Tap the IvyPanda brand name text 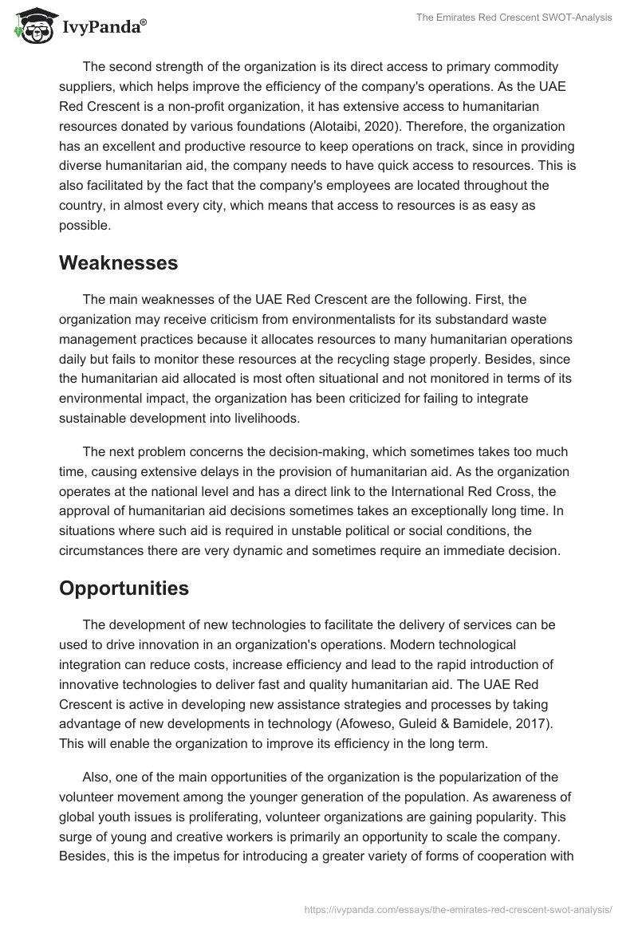101,29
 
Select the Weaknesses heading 118,262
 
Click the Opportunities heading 124,588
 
